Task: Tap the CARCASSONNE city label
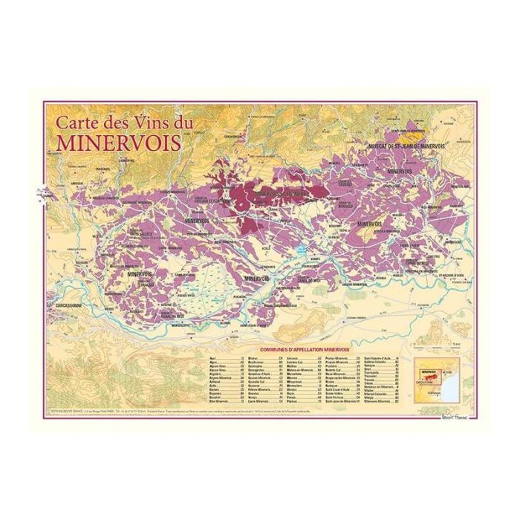click(x=71, y=306)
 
